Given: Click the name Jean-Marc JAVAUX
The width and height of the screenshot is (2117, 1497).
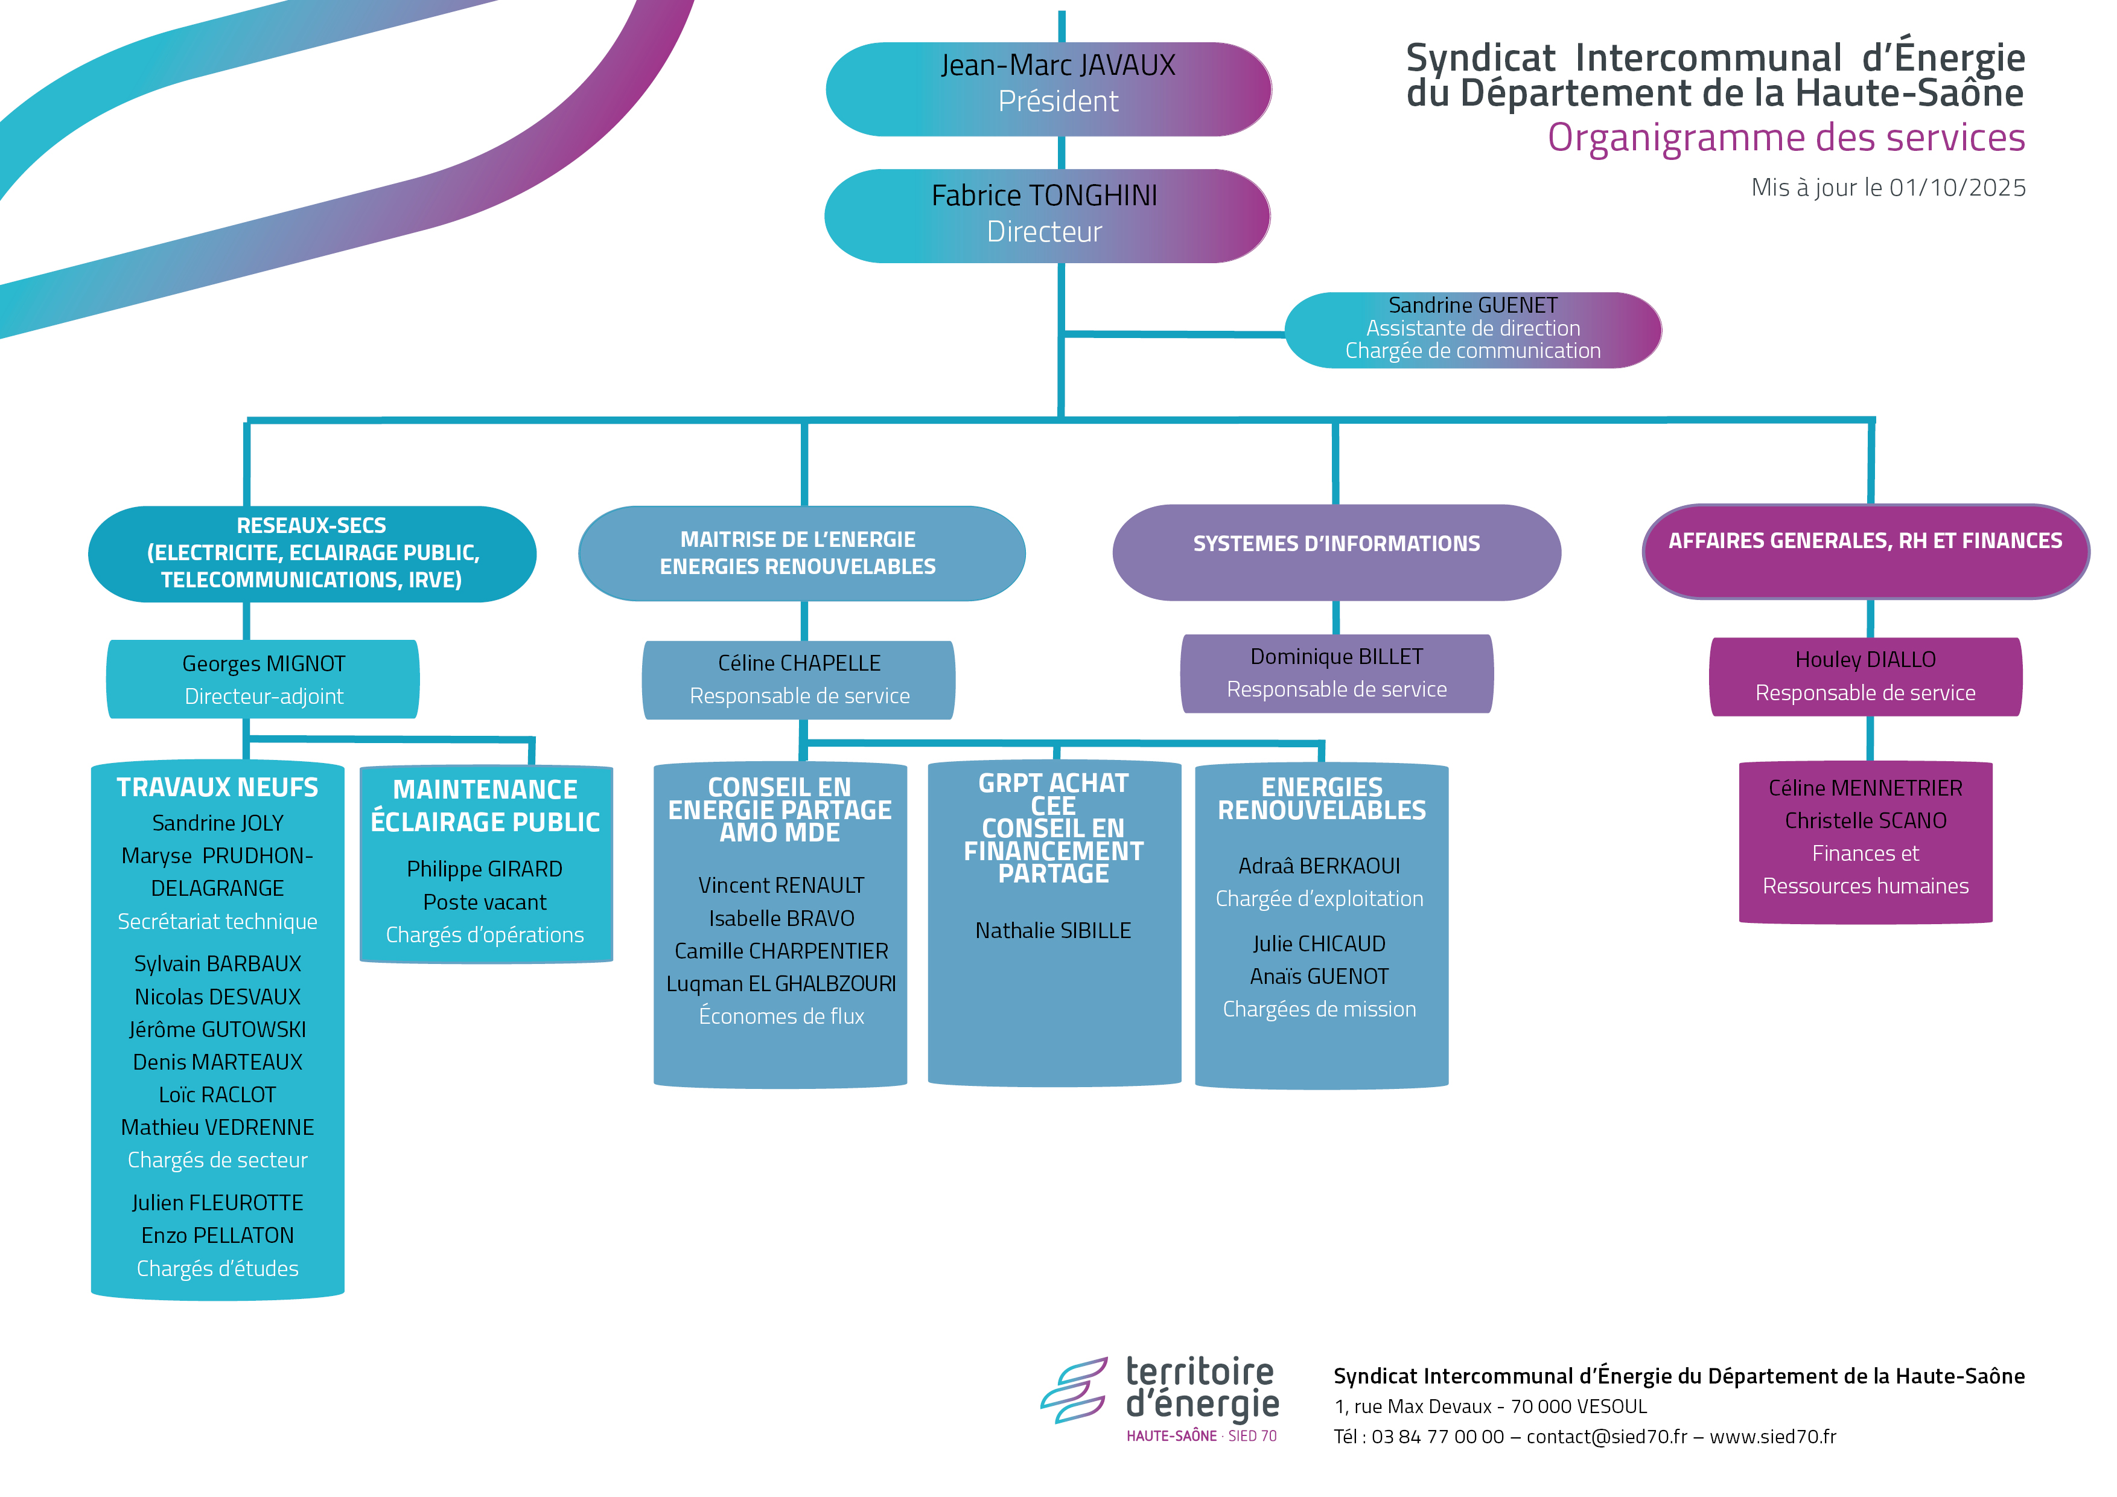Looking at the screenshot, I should coord(1057,65).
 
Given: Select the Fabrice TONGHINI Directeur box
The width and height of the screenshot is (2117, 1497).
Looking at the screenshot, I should coord(1046,215).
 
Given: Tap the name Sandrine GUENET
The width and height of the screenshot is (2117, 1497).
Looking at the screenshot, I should coord(1472,305).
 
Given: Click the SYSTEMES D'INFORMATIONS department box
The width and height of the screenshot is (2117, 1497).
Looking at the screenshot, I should coord(1336,552).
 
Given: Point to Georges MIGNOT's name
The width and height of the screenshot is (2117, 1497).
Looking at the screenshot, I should coord(264,664).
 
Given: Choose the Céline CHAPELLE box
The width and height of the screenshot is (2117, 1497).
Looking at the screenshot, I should coord(798,680).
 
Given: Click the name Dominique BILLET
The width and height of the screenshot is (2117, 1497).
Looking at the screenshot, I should coord(1336,657).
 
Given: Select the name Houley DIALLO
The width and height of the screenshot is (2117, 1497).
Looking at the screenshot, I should coord(1864,660).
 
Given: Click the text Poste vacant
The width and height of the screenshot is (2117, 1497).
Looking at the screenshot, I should coord(485,902).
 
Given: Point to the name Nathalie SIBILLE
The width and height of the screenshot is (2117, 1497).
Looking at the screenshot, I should coord(1053,931).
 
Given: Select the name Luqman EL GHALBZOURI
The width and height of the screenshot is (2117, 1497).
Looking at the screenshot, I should coord(781,984).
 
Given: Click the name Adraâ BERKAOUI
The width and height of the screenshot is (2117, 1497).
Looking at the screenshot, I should coord(1319,866).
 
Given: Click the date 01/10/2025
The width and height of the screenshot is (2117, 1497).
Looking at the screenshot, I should coord(1956,188).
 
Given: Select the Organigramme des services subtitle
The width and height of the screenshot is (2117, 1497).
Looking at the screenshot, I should coord(1785,138).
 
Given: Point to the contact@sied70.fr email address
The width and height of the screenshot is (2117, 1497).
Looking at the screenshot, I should coord(1606,1436).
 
